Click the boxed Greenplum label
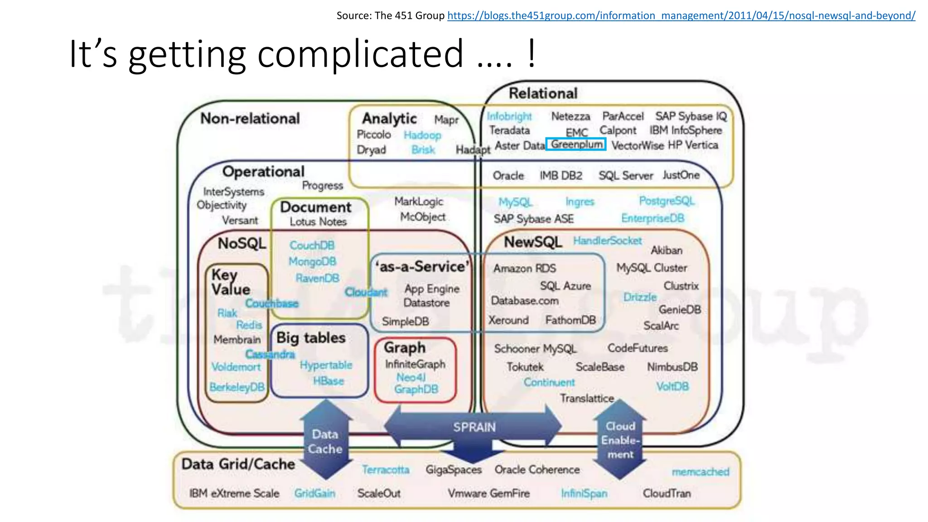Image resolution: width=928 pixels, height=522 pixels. coord(576,144)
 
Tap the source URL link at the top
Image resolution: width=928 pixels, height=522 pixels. coord(681,16)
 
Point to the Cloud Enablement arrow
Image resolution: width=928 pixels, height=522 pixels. coord(620,440)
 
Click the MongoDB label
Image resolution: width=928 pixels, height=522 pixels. coord(312,261)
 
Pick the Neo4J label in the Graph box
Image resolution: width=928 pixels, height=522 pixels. coord(411,377)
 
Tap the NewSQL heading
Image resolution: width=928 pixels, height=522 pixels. coord(533,242)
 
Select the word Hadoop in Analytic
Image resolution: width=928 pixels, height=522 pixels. coord(422,135)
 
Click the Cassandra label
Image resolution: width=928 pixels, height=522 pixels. coord(270,354)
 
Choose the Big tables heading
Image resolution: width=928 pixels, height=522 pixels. coord(311,338)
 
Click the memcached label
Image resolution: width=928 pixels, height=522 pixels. coord(700,472)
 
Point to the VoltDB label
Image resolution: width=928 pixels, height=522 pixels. coord(672,386)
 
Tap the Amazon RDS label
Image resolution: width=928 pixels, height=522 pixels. coord(524,268)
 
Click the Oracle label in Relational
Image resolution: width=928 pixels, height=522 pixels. coord(508,175)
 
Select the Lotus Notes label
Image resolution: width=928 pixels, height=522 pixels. coord(318,222)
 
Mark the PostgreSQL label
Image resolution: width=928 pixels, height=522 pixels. coord(667,200)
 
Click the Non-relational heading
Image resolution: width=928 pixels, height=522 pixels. coord(250,118)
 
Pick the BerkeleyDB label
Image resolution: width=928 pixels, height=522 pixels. coord(237,387)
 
